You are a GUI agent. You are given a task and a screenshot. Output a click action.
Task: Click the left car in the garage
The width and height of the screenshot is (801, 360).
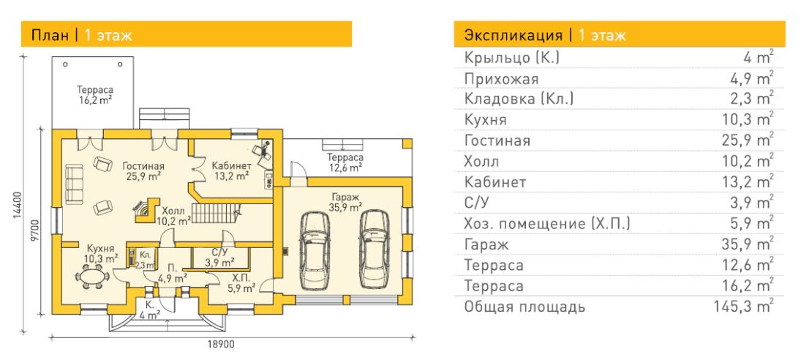point(316,250)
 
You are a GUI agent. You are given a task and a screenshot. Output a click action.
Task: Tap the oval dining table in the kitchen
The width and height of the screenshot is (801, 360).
point(92,277)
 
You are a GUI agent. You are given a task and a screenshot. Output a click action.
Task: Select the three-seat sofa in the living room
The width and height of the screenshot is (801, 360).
point(74,184)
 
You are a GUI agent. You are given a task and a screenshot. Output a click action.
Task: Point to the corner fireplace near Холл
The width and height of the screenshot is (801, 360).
point(146,211)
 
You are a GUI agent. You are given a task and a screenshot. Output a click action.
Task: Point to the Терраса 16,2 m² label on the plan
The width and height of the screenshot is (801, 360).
point(95,95)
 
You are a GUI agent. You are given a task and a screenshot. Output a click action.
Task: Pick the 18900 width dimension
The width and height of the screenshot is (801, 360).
point(221,345)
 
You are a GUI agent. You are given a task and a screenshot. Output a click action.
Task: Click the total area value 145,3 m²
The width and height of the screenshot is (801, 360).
point(744,307)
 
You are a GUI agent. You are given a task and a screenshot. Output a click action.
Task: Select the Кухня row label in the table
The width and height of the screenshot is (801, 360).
point(485,120)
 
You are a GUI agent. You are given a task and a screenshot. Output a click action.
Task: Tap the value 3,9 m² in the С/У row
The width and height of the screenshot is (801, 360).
point(754,203)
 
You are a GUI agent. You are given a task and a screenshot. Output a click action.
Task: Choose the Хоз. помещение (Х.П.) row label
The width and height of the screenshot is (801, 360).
point(547,224)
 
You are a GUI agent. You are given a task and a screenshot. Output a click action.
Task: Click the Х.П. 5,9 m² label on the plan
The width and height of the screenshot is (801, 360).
point(241,284)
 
